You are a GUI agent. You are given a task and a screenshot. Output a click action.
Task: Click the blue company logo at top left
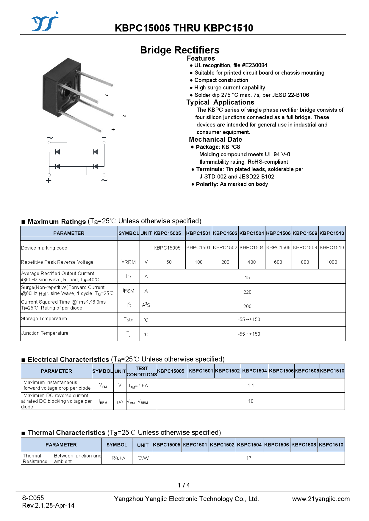(x=45, y=22)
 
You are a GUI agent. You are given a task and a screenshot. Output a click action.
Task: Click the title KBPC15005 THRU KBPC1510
(x=184, y=28)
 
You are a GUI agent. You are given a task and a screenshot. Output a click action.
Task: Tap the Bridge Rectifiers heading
(x=180, y=50)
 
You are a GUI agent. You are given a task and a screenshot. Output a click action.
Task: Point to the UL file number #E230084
(x=254, y=65)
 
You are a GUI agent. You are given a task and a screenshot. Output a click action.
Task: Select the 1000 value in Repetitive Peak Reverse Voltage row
(x=332, y=262)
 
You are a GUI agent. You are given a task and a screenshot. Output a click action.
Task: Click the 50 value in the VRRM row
(x=169, y=262)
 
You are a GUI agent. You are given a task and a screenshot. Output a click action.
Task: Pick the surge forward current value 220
(x=247, y=292)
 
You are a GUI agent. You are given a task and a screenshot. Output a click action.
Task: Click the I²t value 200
(x=247, y=306)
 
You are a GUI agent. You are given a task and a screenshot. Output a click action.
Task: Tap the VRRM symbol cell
(x=129, y=262)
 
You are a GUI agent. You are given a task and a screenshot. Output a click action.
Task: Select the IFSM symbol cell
(x=129, y=291)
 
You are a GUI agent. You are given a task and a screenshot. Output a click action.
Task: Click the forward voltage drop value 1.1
(x=251, y=385)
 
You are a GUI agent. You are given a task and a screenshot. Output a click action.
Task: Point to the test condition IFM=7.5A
(x=138, y=386)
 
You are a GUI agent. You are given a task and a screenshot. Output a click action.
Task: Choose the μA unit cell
(x=120, y=402)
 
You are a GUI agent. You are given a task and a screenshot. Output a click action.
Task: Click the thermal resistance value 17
(x=249, y=458)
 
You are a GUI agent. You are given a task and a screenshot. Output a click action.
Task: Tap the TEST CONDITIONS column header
(x=142, y=371)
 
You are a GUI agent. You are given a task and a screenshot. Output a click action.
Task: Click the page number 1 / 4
(x=184, y=485)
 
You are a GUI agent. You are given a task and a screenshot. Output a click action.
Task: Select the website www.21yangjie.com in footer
(x=321, y=499)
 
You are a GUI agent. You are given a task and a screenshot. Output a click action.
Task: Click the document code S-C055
(x=33, y=498)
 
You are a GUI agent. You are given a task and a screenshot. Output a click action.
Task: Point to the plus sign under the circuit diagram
(x=49, y=181)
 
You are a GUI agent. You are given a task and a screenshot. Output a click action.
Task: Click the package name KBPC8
(x=231, y=147)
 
